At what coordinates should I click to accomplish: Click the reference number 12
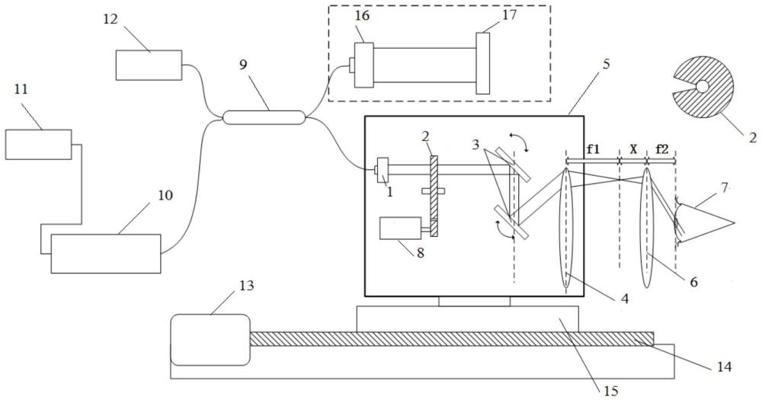tap(110, 19)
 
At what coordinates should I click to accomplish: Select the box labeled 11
tap(39, 145)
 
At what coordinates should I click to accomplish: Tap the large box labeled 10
tap(106, 254)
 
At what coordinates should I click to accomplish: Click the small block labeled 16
tap(363, 66)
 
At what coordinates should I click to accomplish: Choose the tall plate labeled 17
tap(482, 62)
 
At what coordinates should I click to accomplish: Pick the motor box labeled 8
tap(400, 228)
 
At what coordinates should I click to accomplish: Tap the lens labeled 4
tap(566, 229)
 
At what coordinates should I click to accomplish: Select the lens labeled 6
tap(646, 228)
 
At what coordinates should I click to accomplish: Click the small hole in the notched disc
tap(702, 86)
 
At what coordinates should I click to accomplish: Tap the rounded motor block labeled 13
tap(210, 339)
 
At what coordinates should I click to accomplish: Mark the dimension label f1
tap(593, 149)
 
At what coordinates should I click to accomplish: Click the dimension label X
tap(633, 150)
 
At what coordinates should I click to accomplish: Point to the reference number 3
tap(476, 146)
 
